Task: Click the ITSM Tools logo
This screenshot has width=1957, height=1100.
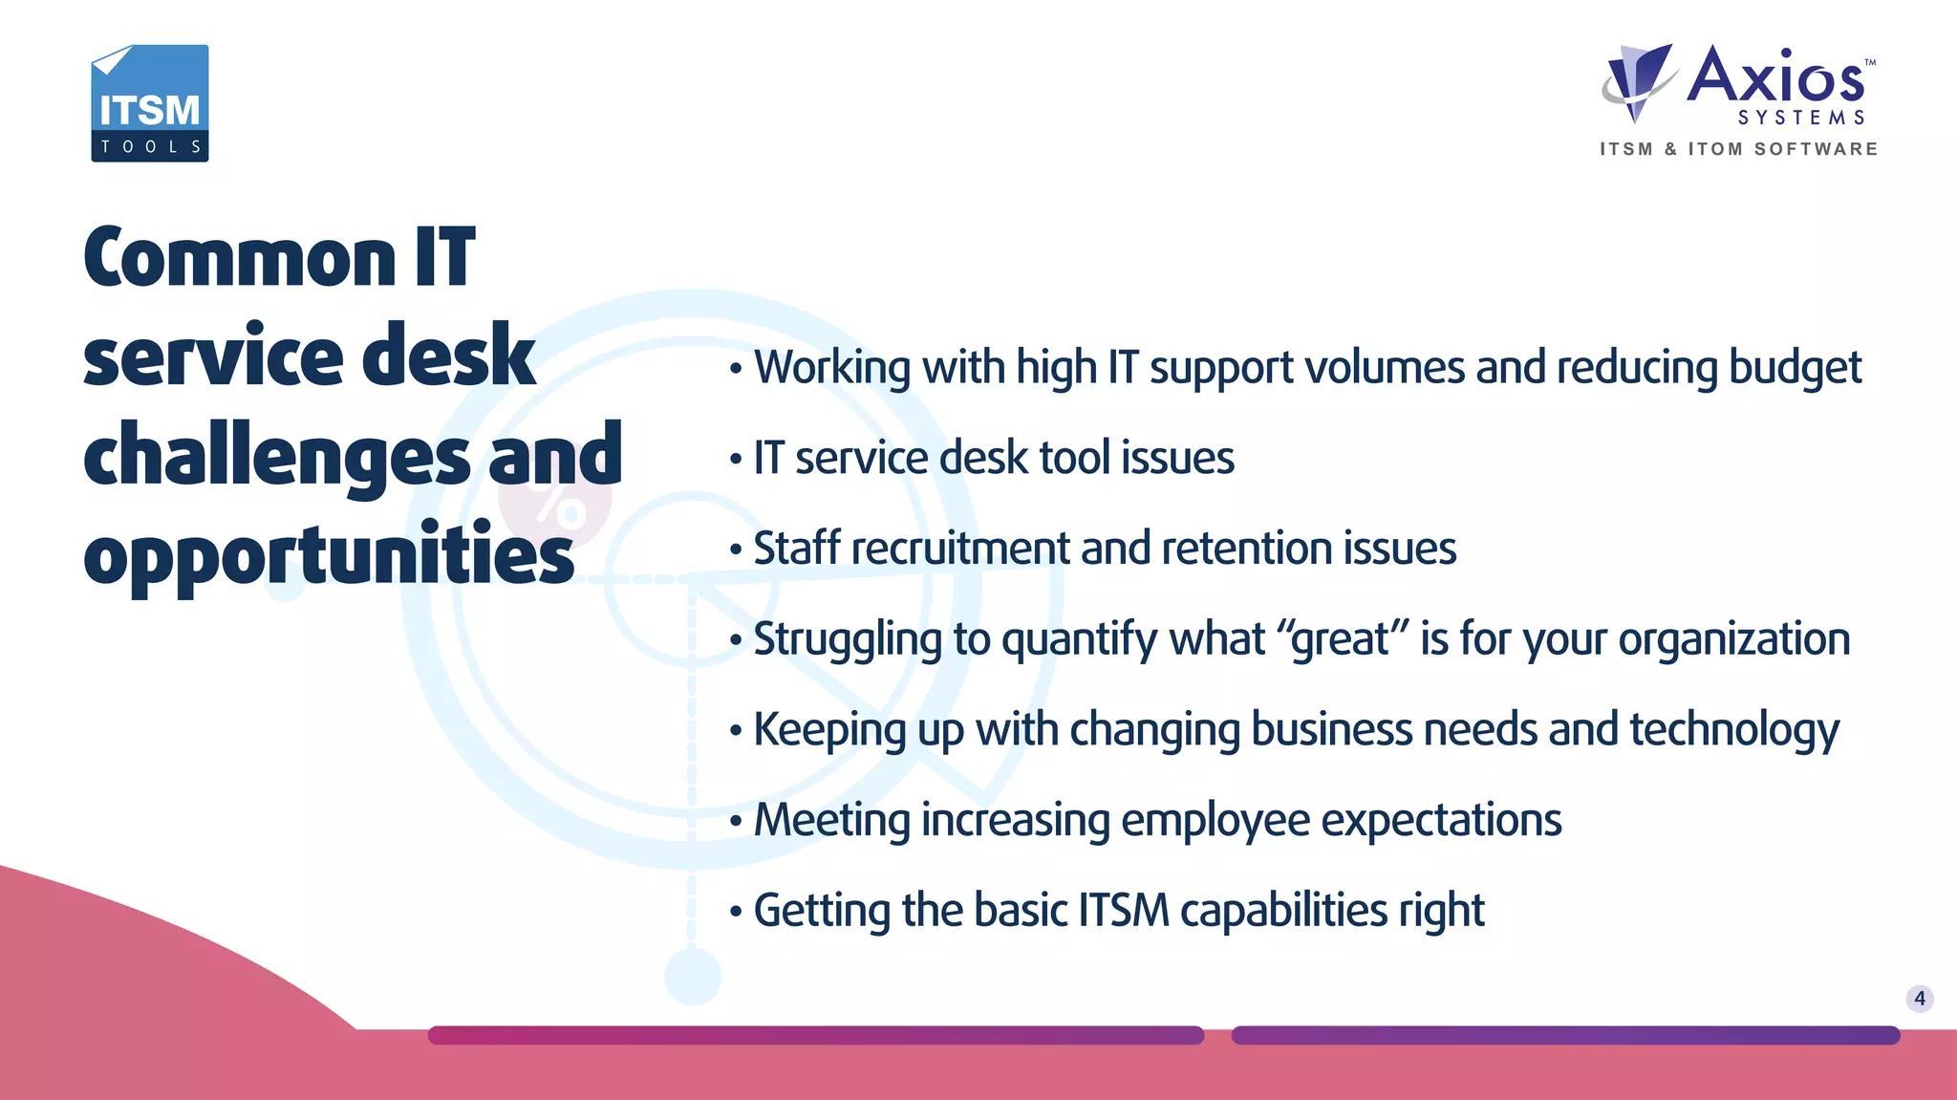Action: (x=150, y=103)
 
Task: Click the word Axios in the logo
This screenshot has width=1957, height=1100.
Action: (x=1775, y=76)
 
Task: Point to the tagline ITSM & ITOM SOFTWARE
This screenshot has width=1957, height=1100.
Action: (x=1739, y=149)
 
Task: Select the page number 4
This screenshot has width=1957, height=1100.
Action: (x=1920, y=999)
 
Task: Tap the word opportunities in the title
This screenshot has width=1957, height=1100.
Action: (x=329, y=557)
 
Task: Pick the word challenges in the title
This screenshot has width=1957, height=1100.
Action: (x=277, y=458)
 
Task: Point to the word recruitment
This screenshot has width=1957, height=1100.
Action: (x=959, y=549)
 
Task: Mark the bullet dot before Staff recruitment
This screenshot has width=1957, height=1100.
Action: (x=735, y=550)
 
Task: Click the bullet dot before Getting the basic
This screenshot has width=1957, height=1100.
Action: (x=735, y=912)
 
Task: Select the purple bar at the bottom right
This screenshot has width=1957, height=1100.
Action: (x=1565, y=1035)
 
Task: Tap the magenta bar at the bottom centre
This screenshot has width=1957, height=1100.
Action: (x=815, y=1035)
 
